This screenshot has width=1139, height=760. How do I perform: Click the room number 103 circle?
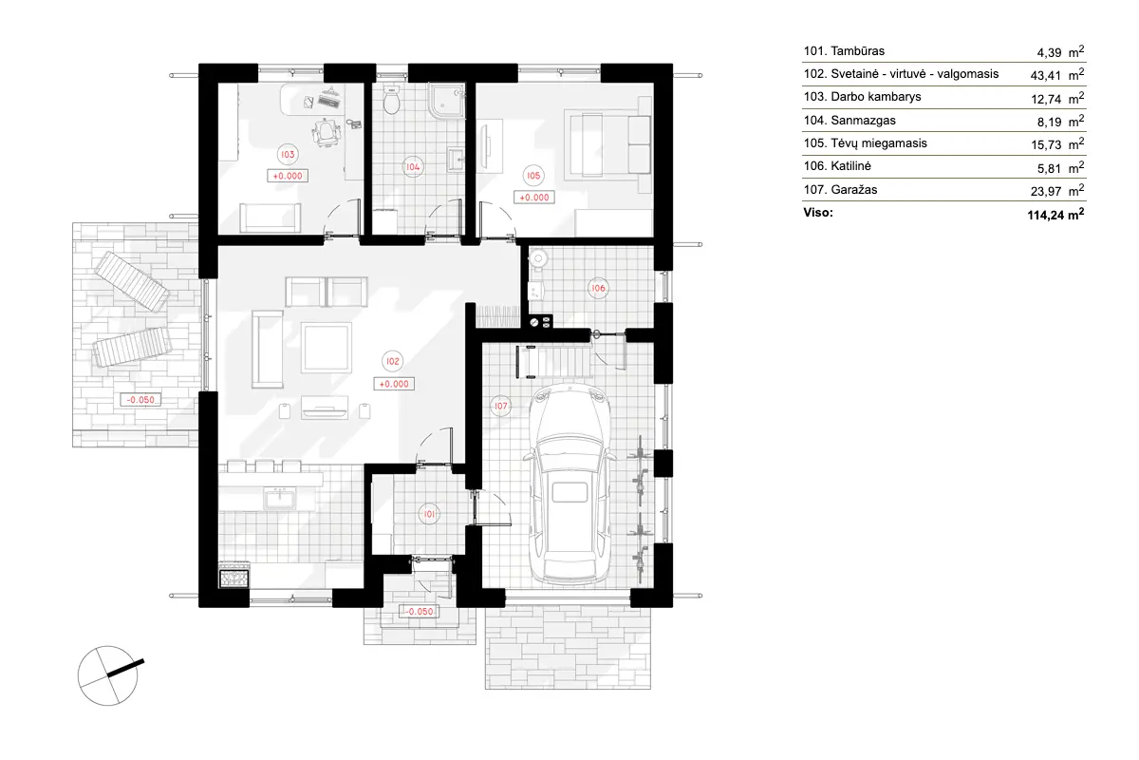click(x=287, y=153)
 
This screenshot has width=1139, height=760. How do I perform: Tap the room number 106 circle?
click(x=598, y=288)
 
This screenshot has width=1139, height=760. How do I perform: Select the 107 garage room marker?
click(x=501, y=406)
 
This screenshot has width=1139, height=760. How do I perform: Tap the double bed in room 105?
click(x=607, y=142)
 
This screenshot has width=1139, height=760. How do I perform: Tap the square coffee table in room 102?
click(x=327, y=348)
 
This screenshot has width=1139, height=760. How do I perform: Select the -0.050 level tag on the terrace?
click(x=140, y=400)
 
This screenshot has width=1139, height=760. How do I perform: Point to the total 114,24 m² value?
click(x=1049, y=215)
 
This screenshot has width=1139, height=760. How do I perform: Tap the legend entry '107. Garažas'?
click(x=831, y=190)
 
